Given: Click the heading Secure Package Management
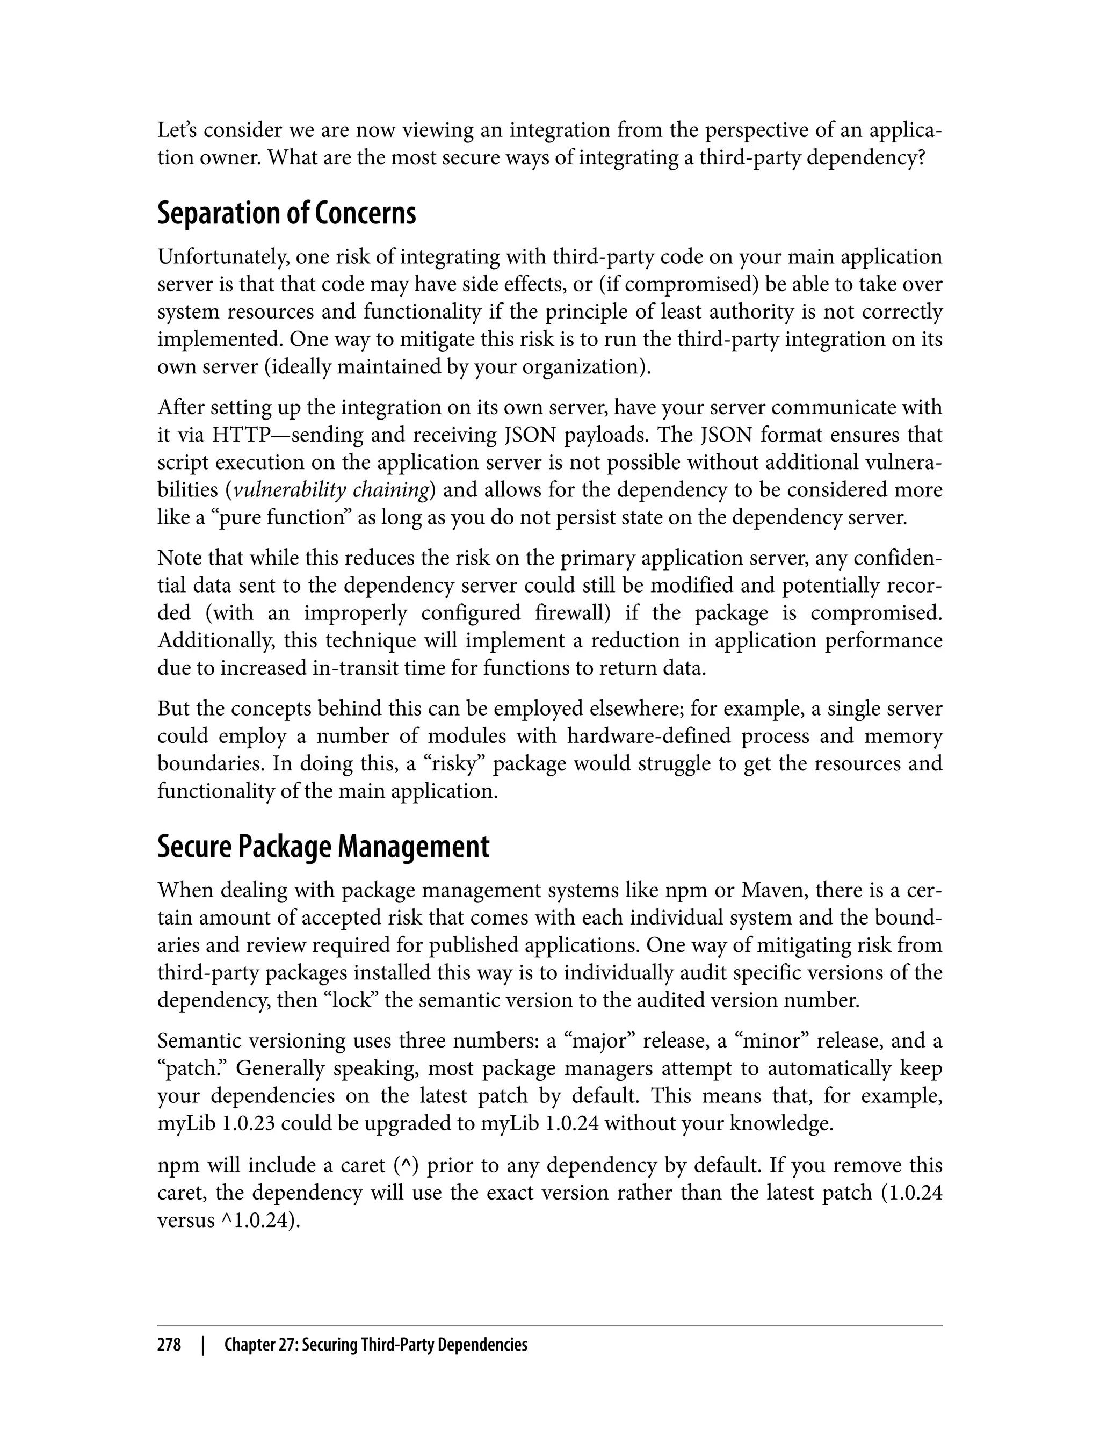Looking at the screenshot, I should (323, 847).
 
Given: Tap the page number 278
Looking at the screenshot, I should (169, 1345).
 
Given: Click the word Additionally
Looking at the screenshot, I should (215, 640).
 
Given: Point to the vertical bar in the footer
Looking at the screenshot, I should (203, 1345).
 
